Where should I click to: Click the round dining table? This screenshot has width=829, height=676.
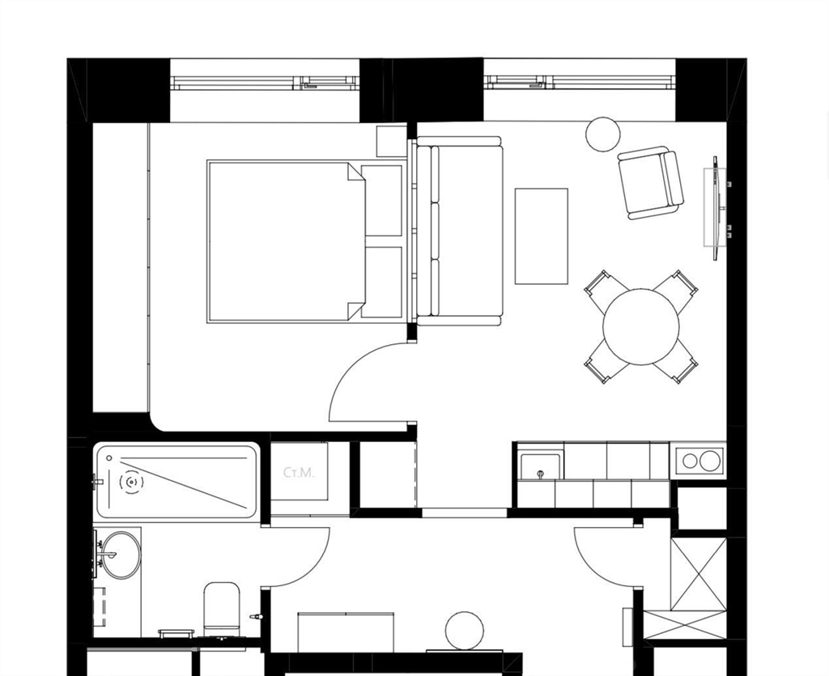click(641, 326)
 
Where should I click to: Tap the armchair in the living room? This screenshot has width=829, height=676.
click(651, 182)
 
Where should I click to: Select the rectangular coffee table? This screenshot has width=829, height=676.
click(542, 236)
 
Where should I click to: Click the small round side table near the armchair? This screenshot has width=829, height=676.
click(602, 134)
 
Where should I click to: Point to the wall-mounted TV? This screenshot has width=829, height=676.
click(716, 208)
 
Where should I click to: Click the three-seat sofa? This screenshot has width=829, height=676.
click(459, 231)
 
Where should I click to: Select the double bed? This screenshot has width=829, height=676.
click(304, 241)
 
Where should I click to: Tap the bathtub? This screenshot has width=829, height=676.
click(176, 482)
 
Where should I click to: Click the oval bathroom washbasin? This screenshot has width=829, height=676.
click(121, 555)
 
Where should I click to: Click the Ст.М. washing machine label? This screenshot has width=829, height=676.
click(299, 473)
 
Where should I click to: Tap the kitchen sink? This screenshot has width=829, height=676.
click(540, 466)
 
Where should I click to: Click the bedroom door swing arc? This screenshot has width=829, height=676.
click(350, 364)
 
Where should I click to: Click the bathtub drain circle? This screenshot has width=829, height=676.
click(131, 482)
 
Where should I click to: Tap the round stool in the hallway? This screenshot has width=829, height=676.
click(465, 631)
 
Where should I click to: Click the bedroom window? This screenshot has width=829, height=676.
click(265, 82)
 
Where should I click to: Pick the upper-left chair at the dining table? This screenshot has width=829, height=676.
click(600, 289)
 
